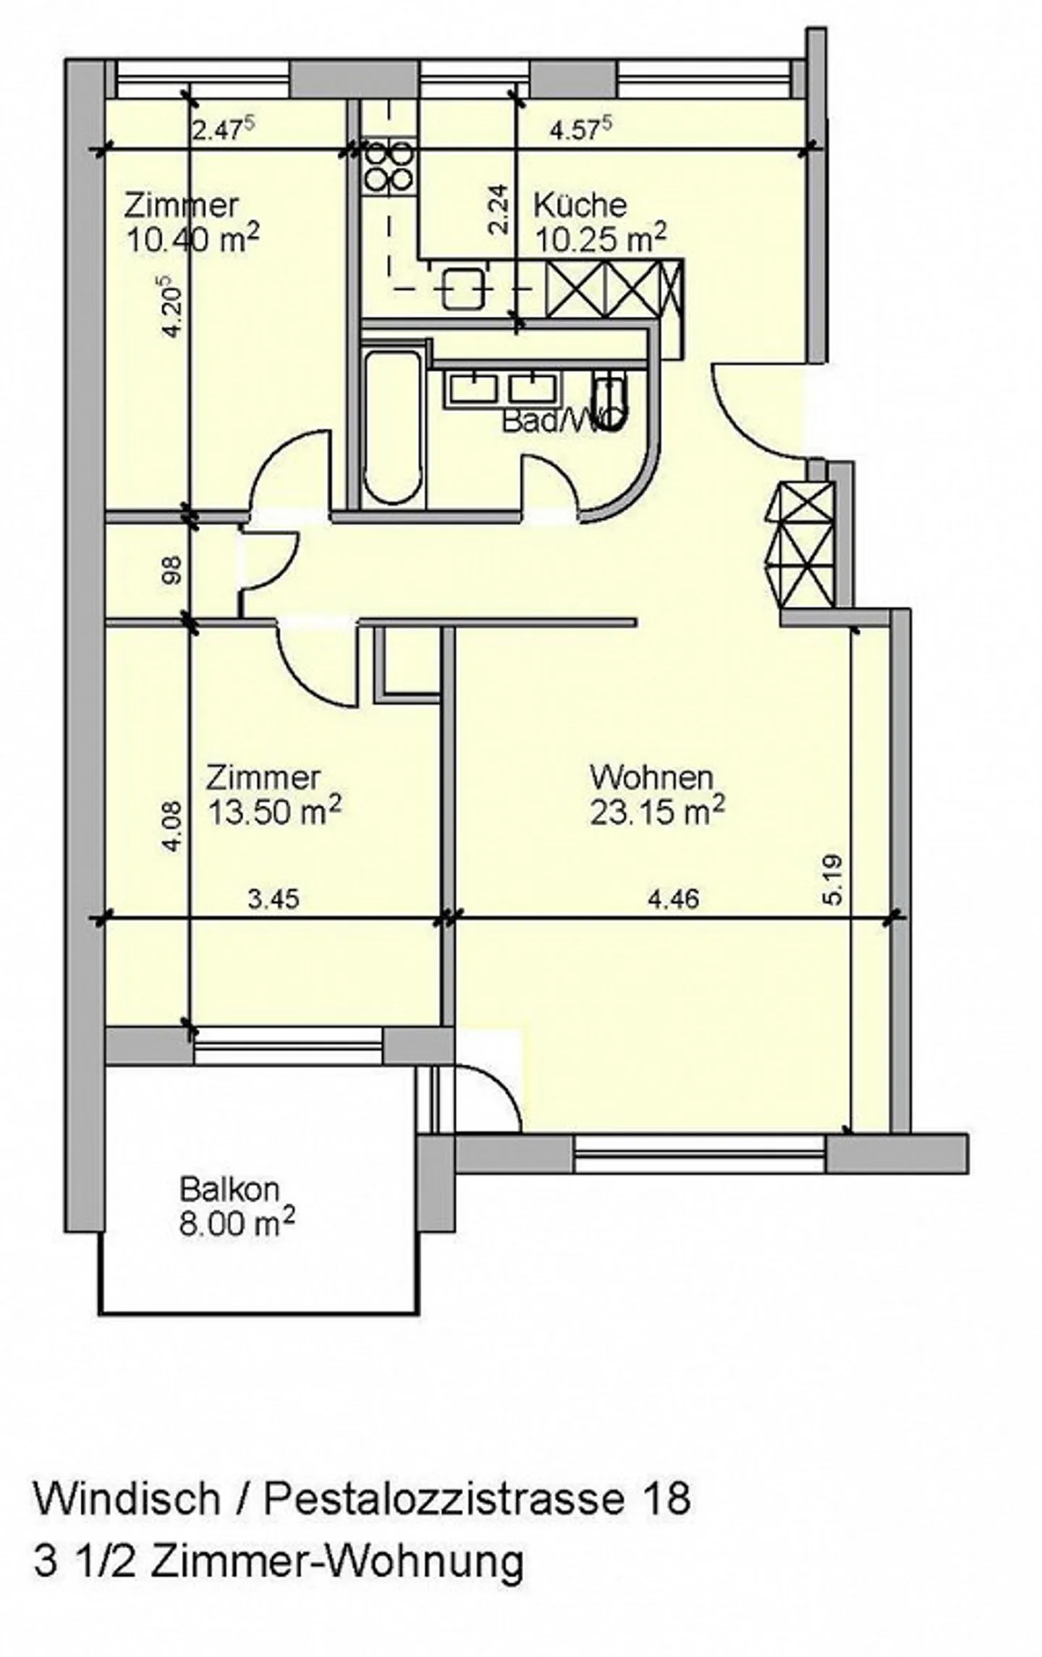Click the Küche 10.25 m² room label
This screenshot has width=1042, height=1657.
[599, 223]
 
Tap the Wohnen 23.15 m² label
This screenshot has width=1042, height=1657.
[656, 795]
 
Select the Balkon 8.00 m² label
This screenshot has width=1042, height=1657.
[236, 1208]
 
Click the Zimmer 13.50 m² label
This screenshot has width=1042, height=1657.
[273, 795]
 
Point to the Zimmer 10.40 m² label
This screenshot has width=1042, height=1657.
[191, 223]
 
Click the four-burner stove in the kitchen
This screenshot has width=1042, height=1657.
[389, 165]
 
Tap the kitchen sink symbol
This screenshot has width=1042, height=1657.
[463, 287]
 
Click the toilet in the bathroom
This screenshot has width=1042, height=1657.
[609, 402]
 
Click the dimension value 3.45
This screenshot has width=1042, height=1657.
[273, 899]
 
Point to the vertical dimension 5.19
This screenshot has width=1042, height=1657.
[833, 880]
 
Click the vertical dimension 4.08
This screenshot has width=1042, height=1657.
[172, 826]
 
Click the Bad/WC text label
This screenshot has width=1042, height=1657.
[561, 420]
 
